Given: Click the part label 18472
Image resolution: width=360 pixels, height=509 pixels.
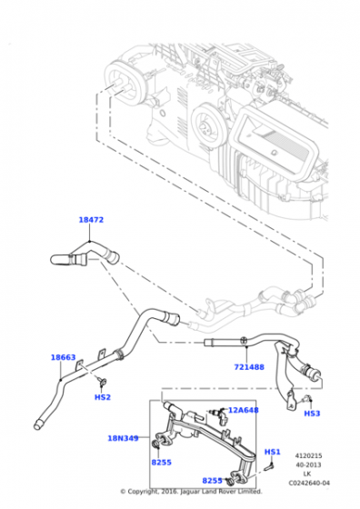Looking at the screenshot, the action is click(91, 220).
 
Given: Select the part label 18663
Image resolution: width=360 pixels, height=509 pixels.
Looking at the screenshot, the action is click(64, 357).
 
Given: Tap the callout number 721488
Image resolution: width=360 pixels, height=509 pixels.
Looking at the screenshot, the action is click(249, 367).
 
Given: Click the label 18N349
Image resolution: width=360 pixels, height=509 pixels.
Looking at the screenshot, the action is click(123, 438).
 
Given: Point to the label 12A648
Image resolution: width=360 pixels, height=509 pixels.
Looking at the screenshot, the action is click(244, 410).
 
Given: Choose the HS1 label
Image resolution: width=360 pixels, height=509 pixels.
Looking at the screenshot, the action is click(273, 452).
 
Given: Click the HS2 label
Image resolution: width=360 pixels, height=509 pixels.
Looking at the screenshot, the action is click(103, 397).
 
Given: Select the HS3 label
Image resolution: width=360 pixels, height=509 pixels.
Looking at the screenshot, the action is click(312, 414).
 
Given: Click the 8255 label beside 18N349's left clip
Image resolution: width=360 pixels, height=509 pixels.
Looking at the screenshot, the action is click(161, 463).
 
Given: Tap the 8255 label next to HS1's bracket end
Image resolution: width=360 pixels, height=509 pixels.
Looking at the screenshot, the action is click(213, 481).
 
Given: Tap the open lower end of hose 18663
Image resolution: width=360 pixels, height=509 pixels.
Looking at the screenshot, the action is click(37, 425).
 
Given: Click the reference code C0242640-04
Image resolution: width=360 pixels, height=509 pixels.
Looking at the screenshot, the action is click(309, 483).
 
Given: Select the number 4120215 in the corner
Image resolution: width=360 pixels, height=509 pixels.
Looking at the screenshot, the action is click(308, 455).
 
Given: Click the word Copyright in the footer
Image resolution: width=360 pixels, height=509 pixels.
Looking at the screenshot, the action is click(143, 492).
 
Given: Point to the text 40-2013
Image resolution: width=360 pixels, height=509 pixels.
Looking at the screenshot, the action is click(308, 464).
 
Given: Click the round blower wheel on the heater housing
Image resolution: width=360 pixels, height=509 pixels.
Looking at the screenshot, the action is click(206, 125).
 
